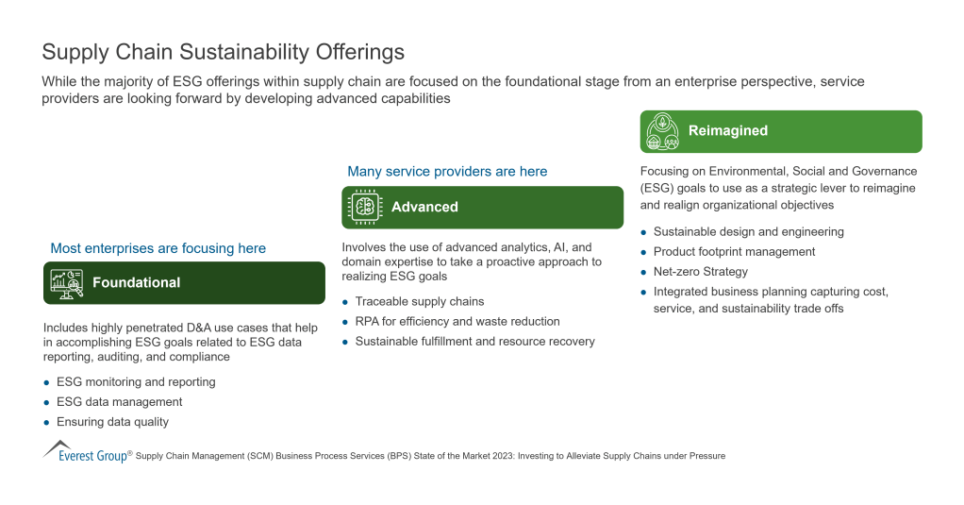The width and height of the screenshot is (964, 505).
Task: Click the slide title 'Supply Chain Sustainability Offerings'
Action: tap(223, 51)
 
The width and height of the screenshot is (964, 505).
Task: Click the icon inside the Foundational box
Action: tap(66, 282)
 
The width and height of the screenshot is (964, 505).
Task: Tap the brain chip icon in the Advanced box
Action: tap(364, 207)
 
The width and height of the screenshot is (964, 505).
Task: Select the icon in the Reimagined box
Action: tap(663, 131)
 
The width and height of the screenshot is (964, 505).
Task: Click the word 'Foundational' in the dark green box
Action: tap(136, 282)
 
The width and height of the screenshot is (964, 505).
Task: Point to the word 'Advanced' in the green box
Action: tap(424, 207)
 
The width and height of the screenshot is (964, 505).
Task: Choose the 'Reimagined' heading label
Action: tap(727, 131)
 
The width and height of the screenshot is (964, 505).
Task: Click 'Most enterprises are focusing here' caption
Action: tap(158, 248)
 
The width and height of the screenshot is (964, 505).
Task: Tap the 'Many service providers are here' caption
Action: tap(447, 172)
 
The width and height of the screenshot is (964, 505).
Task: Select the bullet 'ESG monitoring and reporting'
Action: tap(136, 382)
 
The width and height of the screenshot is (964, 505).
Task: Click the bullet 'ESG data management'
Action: tap(119, 402)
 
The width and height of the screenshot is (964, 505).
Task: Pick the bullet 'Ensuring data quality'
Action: tap(112, 422)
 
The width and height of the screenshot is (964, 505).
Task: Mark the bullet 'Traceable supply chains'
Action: tap(420, 302)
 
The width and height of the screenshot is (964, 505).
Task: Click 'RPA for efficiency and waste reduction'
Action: tap(457, 322)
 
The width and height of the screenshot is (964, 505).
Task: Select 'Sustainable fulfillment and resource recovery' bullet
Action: tap(474, 342)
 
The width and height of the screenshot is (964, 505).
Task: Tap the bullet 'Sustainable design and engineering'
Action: tap(748, 232)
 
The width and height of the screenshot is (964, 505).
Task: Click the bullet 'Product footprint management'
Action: tap(734, 252)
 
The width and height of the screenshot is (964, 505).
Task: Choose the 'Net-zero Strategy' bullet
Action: tap(700, 272)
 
